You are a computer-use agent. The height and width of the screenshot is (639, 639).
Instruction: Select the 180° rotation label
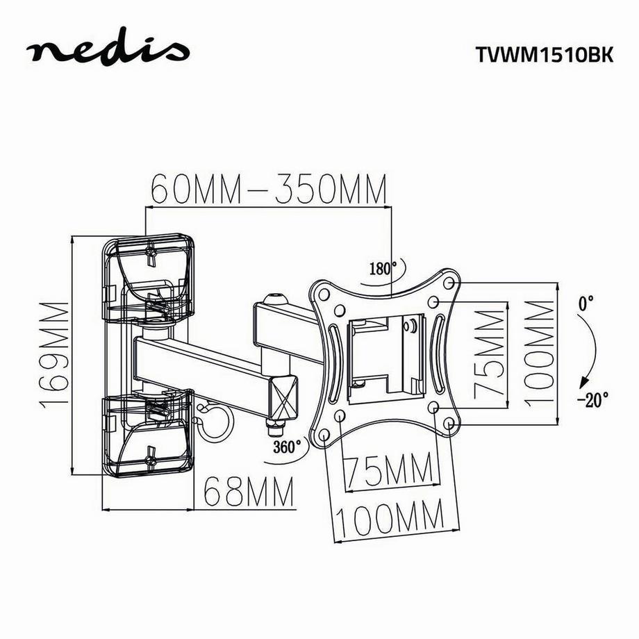point(383,268)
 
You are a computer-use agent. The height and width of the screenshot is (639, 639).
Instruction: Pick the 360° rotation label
point(286,446)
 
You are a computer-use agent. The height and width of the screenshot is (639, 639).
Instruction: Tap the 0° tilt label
point(586,304)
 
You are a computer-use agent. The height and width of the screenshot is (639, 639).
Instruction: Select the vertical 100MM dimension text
point(540,354)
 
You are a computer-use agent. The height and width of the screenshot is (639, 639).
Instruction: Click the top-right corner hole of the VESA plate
point(449,283)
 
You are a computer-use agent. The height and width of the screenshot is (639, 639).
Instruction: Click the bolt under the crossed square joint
point(276,424)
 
